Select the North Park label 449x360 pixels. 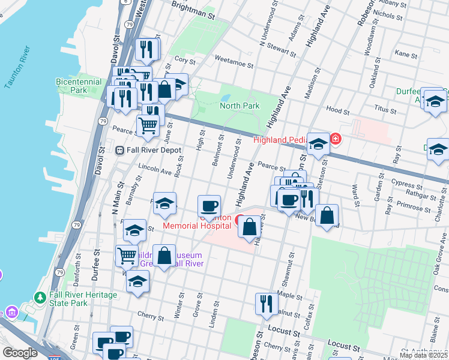(240, 106)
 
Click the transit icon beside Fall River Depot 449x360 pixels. (119, 150)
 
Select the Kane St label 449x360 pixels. (406, 54)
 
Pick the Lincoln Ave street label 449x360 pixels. (155, 170)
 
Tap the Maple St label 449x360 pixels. (289, 296)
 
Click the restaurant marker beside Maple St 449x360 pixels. (266, 303)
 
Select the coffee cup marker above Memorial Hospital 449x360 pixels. (209, 206)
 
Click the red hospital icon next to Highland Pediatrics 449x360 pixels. (335, 140)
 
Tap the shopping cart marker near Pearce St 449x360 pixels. (148, 125)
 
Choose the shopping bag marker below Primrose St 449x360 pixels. (327, 215)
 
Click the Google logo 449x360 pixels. (20, 353)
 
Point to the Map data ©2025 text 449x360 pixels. (424, 355)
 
